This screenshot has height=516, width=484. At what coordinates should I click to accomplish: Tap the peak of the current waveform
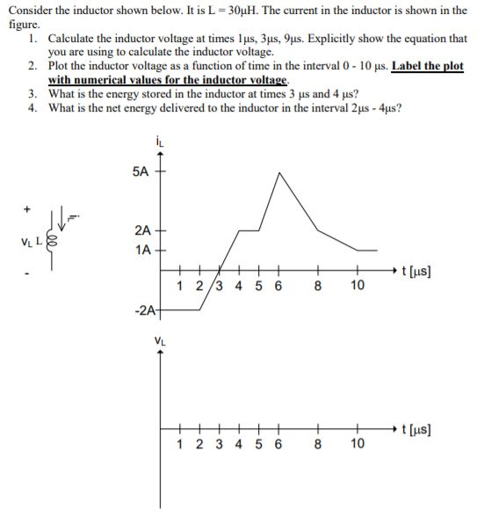(279, 173)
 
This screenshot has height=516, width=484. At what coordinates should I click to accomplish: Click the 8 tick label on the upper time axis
(318, 286)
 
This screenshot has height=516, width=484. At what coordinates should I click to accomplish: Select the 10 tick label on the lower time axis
(357, 444)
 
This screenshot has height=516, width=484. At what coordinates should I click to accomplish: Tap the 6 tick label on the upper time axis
(279, 286)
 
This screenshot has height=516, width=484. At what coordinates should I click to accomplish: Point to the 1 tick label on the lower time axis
(179, 444)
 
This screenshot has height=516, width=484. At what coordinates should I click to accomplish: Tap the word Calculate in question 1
(74, 40)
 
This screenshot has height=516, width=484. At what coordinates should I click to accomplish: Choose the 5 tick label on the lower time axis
(260, 444)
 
